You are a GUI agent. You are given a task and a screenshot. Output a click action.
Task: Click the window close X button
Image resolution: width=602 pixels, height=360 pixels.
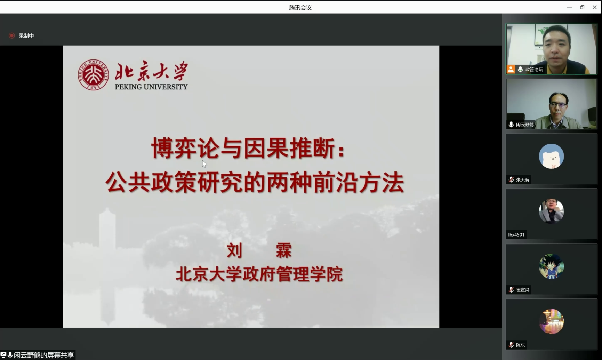595,7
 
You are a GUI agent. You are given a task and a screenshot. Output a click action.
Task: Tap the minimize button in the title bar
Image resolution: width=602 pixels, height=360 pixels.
569,7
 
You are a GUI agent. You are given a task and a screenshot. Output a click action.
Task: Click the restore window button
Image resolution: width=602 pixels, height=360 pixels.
582,7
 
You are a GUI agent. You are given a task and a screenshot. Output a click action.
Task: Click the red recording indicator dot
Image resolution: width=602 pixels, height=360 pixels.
12,35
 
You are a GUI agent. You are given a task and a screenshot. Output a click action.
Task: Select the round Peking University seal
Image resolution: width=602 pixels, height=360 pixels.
93,75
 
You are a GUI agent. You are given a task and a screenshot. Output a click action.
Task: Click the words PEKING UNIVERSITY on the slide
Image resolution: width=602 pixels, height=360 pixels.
151,87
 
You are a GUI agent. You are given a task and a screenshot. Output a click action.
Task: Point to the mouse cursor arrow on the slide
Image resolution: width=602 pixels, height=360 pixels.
204,164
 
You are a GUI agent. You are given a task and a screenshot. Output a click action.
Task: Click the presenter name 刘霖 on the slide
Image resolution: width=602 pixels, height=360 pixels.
259,250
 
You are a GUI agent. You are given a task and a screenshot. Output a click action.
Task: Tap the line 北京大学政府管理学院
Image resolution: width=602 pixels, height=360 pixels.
259,274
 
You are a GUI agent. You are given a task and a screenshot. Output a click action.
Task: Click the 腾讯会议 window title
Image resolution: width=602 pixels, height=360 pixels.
300,7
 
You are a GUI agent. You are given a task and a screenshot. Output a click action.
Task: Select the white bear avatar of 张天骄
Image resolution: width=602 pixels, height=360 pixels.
551,156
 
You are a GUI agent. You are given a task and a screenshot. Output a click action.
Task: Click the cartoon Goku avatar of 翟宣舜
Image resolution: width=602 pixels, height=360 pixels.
551,266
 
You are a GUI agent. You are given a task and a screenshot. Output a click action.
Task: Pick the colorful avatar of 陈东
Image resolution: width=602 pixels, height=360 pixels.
551,321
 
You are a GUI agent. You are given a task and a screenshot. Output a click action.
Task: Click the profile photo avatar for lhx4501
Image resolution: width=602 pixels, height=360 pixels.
551,211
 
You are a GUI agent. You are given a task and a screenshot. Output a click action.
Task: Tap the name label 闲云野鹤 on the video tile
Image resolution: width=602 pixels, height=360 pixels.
525,125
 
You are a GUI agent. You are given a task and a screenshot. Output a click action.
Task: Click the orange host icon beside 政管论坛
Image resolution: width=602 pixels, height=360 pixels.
511,69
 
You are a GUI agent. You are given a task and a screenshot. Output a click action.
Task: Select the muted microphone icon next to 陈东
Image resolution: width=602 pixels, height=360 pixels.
511,345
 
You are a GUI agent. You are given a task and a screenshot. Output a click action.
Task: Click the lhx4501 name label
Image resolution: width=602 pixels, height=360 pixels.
516,235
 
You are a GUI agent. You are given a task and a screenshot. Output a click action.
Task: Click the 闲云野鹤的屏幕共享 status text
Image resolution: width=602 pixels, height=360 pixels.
44,355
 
